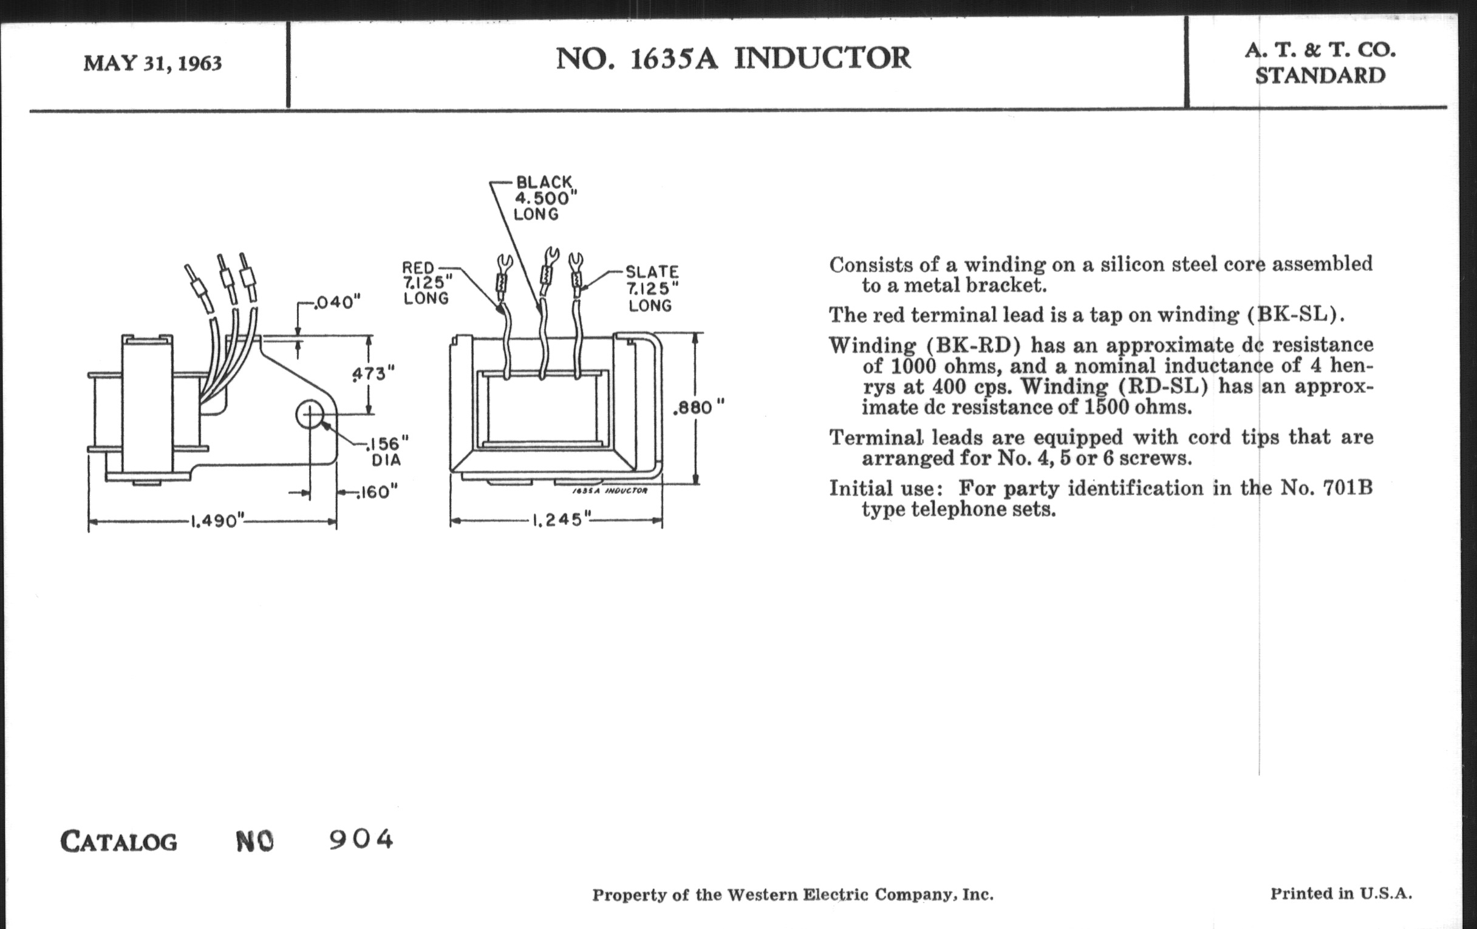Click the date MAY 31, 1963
coord(152,63)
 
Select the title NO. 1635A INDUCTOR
coord(733,58)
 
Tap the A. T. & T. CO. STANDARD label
coord(1320,63)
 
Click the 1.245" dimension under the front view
coord(556,520)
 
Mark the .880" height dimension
coord(698,408)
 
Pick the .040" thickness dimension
coord(336,302)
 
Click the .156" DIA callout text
coord(386,451)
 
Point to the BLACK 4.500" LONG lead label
coord(544,198)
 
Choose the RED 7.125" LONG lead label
coord(426,283)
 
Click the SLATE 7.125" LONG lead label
coord(652,288)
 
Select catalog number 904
coord(361,840)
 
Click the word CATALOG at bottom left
coord(119,842)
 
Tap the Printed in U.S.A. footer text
coord(1341,893)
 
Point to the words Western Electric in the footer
coord(797,895)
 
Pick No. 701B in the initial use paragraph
coord(1326,488)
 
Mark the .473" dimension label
coord(373,373)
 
